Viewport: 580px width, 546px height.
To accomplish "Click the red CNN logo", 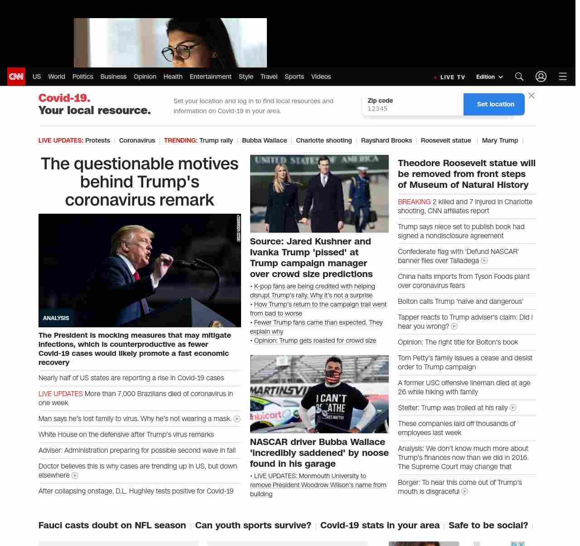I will coord(16,77).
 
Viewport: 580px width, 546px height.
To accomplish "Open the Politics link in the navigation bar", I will coord(82,77).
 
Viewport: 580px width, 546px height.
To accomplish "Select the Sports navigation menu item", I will coord(294,77).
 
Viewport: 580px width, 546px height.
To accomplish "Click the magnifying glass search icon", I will coord(519,77).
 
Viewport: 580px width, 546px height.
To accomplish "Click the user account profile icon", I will coord(541,77).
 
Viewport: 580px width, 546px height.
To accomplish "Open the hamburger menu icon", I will coord(563,77).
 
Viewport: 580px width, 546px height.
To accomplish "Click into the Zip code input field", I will coord(412,109).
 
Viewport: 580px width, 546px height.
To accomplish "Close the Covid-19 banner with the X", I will coord(532,96).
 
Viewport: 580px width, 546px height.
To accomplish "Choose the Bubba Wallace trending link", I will coord(264,140).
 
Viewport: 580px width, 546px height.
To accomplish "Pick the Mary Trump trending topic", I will coord(500,140).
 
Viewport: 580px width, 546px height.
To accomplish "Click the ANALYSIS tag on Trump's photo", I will coord(56,318).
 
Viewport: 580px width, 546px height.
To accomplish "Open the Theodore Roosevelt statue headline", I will coord(467,174).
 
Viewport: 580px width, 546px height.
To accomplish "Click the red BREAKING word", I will coord(414,202).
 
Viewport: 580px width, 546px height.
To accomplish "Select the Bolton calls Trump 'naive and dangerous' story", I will coord(460,302).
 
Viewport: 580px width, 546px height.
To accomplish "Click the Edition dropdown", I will coord(489,77).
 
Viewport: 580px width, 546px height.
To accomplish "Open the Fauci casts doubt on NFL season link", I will coord(112,525).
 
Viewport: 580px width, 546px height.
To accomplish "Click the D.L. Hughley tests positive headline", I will coord(136,491).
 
